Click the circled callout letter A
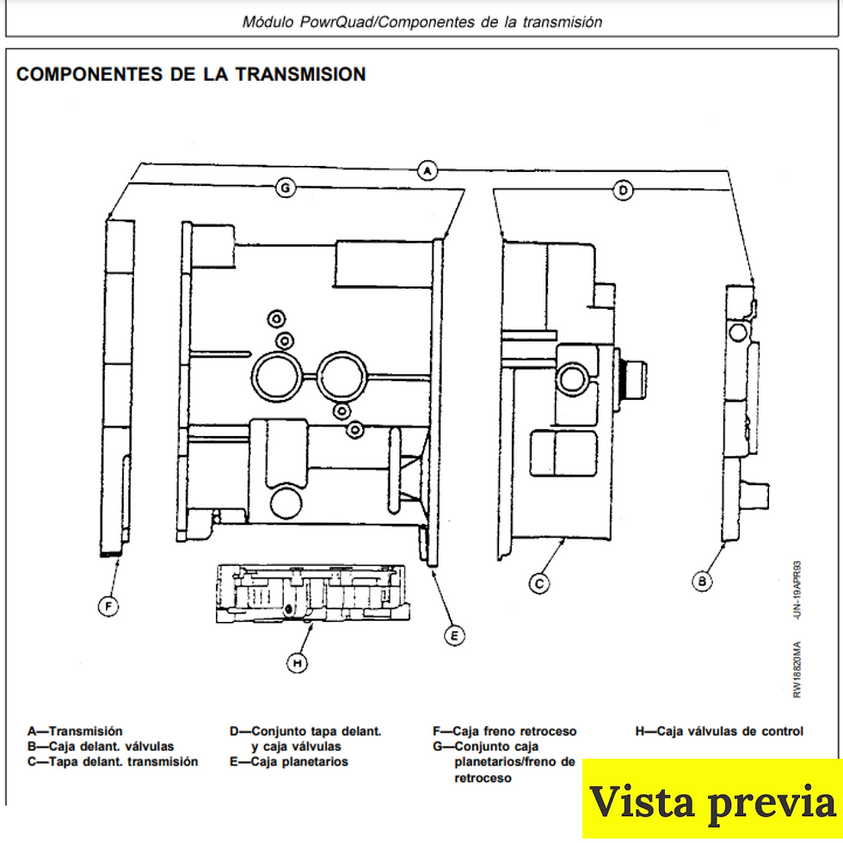click(x=428, y=170)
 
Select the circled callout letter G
click(x=285, y=188)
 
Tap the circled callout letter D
click(x=624, y=190)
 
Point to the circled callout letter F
click(x=108, y=607)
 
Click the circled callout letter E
click(x=453, y=636)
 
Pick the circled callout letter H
click(x=297, y=663)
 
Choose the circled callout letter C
click(x=538, y=583)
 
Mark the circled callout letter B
click(x=703, y=581)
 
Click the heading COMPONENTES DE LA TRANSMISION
click(x=191, y=75)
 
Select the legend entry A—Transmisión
click(x=75, y=731)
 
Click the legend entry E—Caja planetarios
click(x=288, y=761)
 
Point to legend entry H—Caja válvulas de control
click(x=719, y=731)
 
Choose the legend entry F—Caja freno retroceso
click(x=504, y=731)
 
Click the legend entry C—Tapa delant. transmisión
click(x=113, y=761)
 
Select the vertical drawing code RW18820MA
click(x=797, y=670)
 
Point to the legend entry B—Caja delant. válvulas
click(x=101, y=746)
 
